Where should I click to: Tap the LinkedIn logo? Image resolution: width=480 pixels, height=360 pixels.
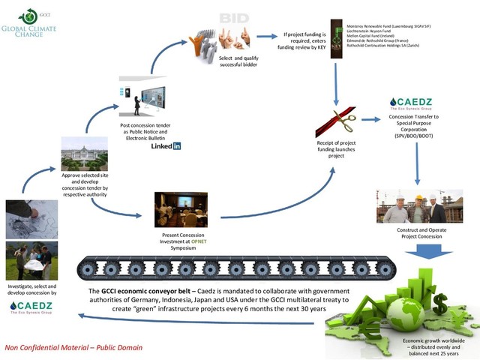(166, 145)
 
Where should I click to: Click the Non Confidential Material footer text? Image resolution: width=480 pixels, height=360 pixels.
(73, 348)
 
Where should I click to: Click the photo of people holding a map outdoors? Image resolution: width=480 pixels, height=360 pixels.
(28, 260)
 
